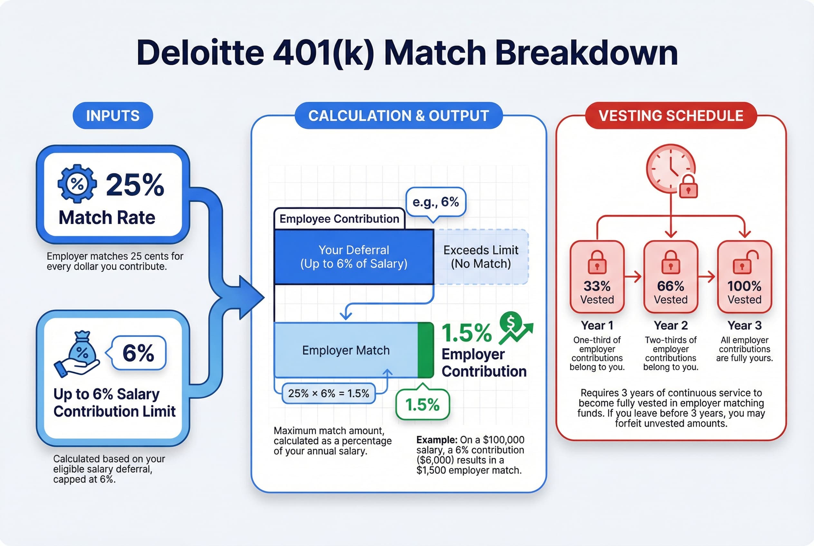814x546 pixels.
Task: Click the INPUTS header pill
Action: pyautogui.click(x=112, y=116)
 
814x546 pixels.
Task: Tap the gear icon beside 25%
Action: pyautogui.click(x=77, y=184)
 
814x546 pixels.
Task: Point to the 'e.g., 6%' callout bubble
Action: pyautogui.click(x=435, y=202)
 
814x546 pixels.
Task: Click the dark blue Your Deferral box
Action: pyautogui.click(x=354, y=257)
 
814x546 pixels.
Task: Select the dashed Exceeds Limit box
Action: pyautogui.click(x=481, y=257)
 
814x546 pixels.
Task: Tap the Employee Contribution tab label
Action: pyautogui.click(x=339, y=219)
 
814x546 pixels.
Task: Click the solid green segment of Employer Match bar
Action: pyautogui.click(x=425, y=350)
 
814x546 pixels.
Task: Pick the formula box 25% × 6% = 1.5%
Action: pyautogui.click(x=328, y=393)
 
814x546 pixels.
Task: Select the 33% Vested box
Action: pyautogui.click(x=597, y=277)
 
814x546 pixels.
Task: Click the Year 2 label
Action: pyautogui.click(x=670, y=325)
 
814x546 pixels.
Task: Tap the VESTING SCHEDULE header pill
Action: pyautogui.click(x=671, y=116)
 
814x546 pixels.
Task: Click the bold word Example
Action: pyautogui.click(x=436, y=440)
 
